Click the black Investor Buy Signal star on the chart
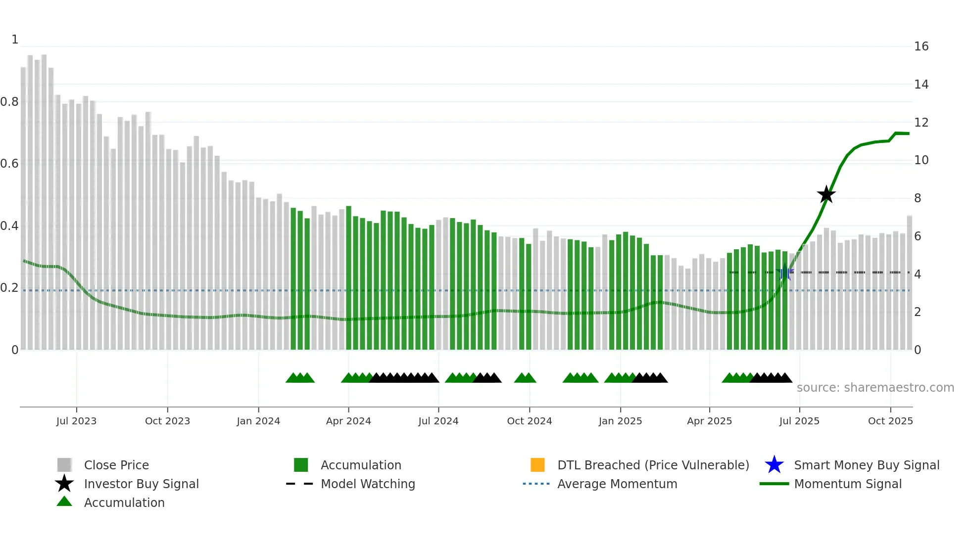[826, 195]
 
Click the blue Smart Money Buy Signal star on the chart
[784, 273]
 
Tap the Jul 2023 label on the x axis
[76, 421]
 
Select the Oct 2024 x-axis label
[529, 421]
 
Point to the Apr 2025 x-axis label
[709, 421]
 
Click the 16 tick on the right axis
[921, 46]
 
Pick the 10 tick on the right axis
[921, 160]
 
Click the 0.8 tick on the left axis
[9, 102]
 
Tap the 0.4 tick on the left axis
[9, 226]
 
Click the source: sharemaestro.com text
[875, 388]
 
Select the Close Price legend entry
[116, 465]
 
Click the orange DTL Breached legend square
[537, 465]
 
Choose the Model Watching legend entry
[368, 484]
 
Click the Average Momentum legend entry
[617, 484]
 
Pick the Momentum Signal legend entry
[848, 484]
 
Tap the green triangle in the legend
[64, 502]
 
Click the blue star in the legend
[774, 465]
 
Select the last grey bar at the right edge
[910, 282]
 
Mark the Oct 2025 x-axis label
[890, 421]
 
